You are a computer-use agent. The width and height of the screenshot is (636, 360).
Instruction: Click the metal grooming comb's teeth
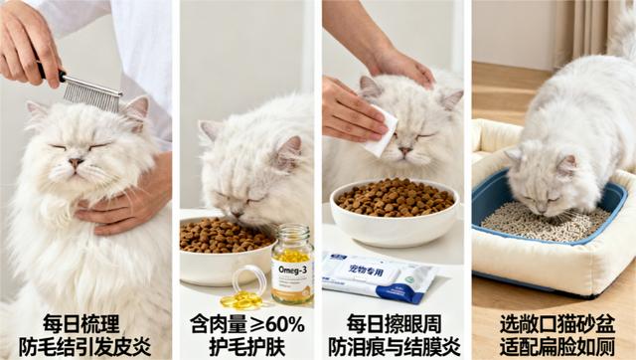[92, 95]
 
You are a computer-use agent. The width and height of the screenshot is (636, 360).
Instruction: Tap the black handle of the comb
[51, 72]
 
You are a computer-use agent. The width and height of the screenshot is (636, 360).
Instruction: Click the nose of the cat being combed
[76, 162]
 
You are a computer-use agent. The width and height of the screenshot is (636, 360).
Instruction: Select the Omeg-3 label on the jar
[293, 270]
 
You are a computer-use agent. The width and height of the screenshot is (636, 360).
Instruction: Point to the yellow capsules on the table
[241, 299]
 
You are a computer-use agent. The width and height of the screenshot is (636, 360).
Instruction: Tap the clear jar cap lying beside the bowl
[248, 279]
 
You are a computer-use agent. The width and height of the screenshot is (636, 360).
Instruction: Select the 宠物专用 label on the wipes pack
[367, 270]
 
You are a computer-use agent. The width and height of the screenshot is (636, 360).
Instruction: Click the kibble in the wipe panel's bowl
[396, 197]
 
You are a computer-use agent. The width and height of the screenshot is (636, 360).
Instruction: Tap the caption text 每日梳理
[81, 324]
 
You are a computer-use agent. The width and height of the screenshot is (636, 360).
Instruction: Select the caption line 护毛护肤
[247, 346]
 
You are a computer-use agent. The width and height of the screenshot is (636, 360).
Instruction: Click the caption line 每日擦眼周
[394, 324]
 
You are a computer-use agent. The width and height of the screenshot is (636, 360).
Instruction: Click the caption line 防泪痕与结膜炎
[394, 346]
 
